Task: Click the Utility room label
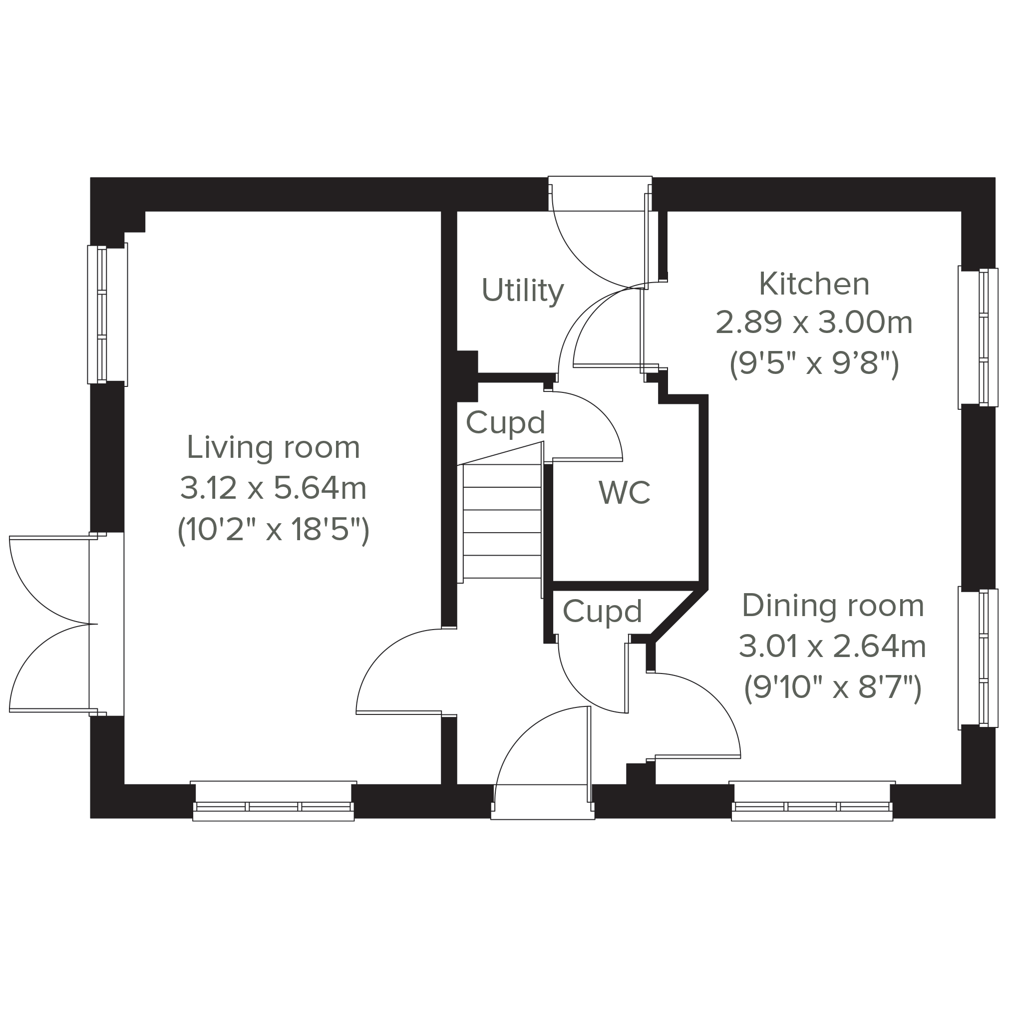click(522, 291)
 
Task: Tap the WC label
click(624, 492)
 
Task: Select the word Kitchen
click(814, 284)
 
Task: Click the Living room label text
click(273, 448)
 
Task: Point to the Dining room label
click(833, 606)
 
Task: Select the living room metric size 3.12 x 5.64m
click(273, 488)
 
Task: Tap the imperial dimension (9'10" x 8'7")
click(833, 687)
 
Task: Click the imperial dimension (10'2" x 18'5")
click(273, 530)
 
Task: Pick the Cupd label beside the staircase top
click(505, 422)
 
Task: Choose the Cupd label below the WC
click(602, 611)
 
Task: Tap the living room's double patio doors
click(57, 624)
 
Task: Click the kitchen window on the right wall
click(978, 337)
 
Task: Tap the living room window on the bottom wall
click(273, 802)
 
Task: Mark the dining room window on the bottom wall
click(812, 802)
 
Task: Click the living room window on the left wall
click(107, 315)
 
